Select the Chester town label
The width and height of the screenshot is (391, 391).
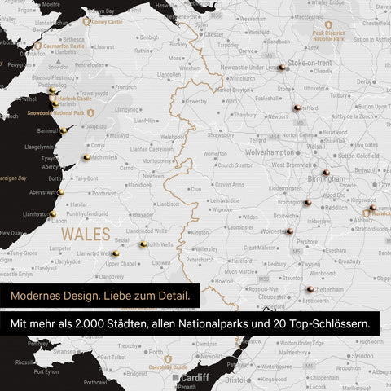(213, 35)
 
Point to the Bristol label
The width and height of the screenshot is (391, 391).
(235, 380)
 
